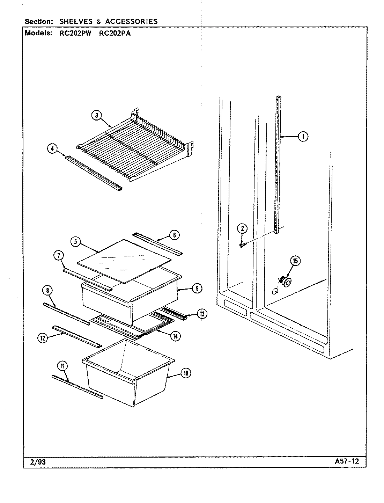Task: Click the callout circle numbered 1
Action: [303, 137]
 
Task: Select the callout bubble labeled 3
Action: [97, 116]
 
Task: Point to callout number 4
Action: [52, 149]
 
